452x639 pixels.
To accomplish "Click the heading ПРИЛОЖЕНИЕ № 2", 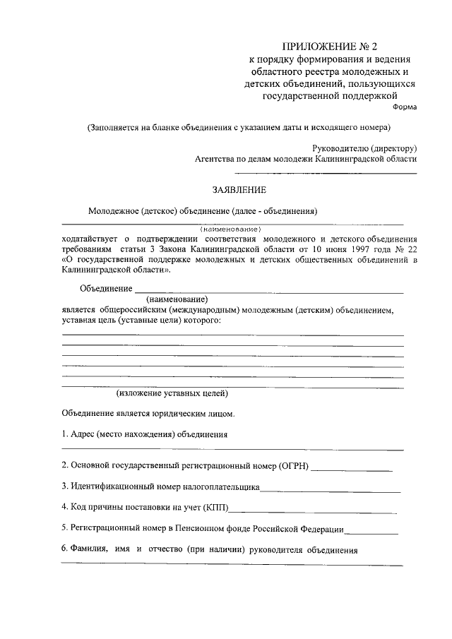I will pos(328,47).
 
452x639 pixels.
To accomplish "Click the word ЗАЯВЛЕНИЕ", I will pos(240,190).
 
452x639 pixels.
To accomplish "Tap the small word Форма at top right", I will pos(405,107).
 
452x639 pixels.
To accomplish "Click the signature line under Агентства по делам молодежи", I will pos(326,173).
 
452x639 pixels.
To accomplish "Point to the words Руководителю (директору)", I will pos(364,148).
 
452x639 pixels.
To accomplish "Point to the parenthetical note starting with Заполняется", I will pos(239,128).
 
